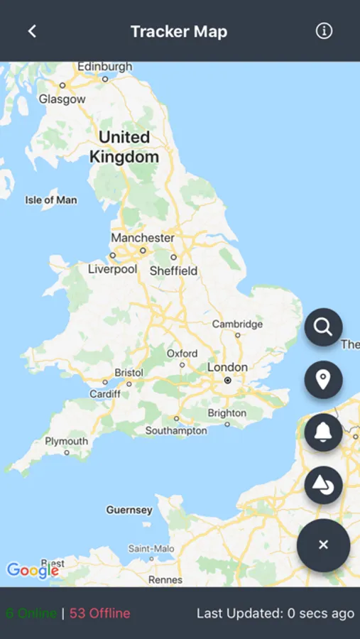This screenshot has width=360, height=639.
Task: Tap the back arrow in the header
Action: pyautogui.click(x=32, y=31)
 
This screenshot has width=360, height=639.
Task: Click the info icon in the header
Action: pyautogui.click(x=324, y=31)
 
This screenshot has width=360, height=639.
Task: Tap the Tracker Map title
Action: pyautogui.click(x=179, y=31)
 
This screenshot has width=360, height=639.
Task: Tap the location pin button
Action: pyautogui.click(x=323, y=380)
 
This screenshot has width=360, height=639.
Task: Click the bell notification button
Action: pyautogui.click(x=323, y=432)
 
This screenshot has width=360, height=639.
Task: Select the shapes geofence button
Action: pyautogui.click(x=323, y=486)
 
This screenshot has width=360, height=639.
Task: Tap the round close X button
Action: pyautogui.click(x=323, y=545)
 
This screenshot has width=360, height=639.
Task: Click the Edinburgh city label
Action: pyautogui.click(x=104, y=67)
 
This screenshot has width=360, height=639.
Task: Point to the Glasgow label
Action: pyautogui.click(x=62, y=99)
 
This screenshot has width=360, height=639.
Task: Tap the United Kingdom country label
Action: pyautogui.click(x=124, y=147)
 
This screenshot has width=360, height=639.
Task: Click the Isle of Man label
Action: pyautogui.click(x=51, y=200)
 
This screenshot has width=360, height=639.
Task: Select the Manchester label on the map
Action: pyautogui.click(x=142, y=238)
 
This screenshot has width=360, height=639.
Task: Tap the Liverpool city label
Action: pyautogui.click(x=113, y=269)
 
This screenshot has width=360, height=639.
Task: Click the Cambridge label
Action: pyautogui.click(x=237, y=324)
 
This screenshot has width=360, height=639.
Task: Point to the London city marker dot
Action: pyautogui.click(x=227, y=381)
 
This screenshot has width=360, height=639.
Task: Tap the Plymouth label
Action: pyautogui.click(x=66, y=441)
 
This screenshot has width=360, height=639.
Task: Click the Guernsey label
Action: pyautogui.click(x=129, y=510)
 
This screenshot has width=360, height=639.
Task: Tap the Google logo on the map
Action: pyautogui.click(x=33, y=569)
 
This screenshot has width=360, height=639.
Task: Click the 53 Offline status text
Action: pyautogui.click(x=99, y=613)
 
